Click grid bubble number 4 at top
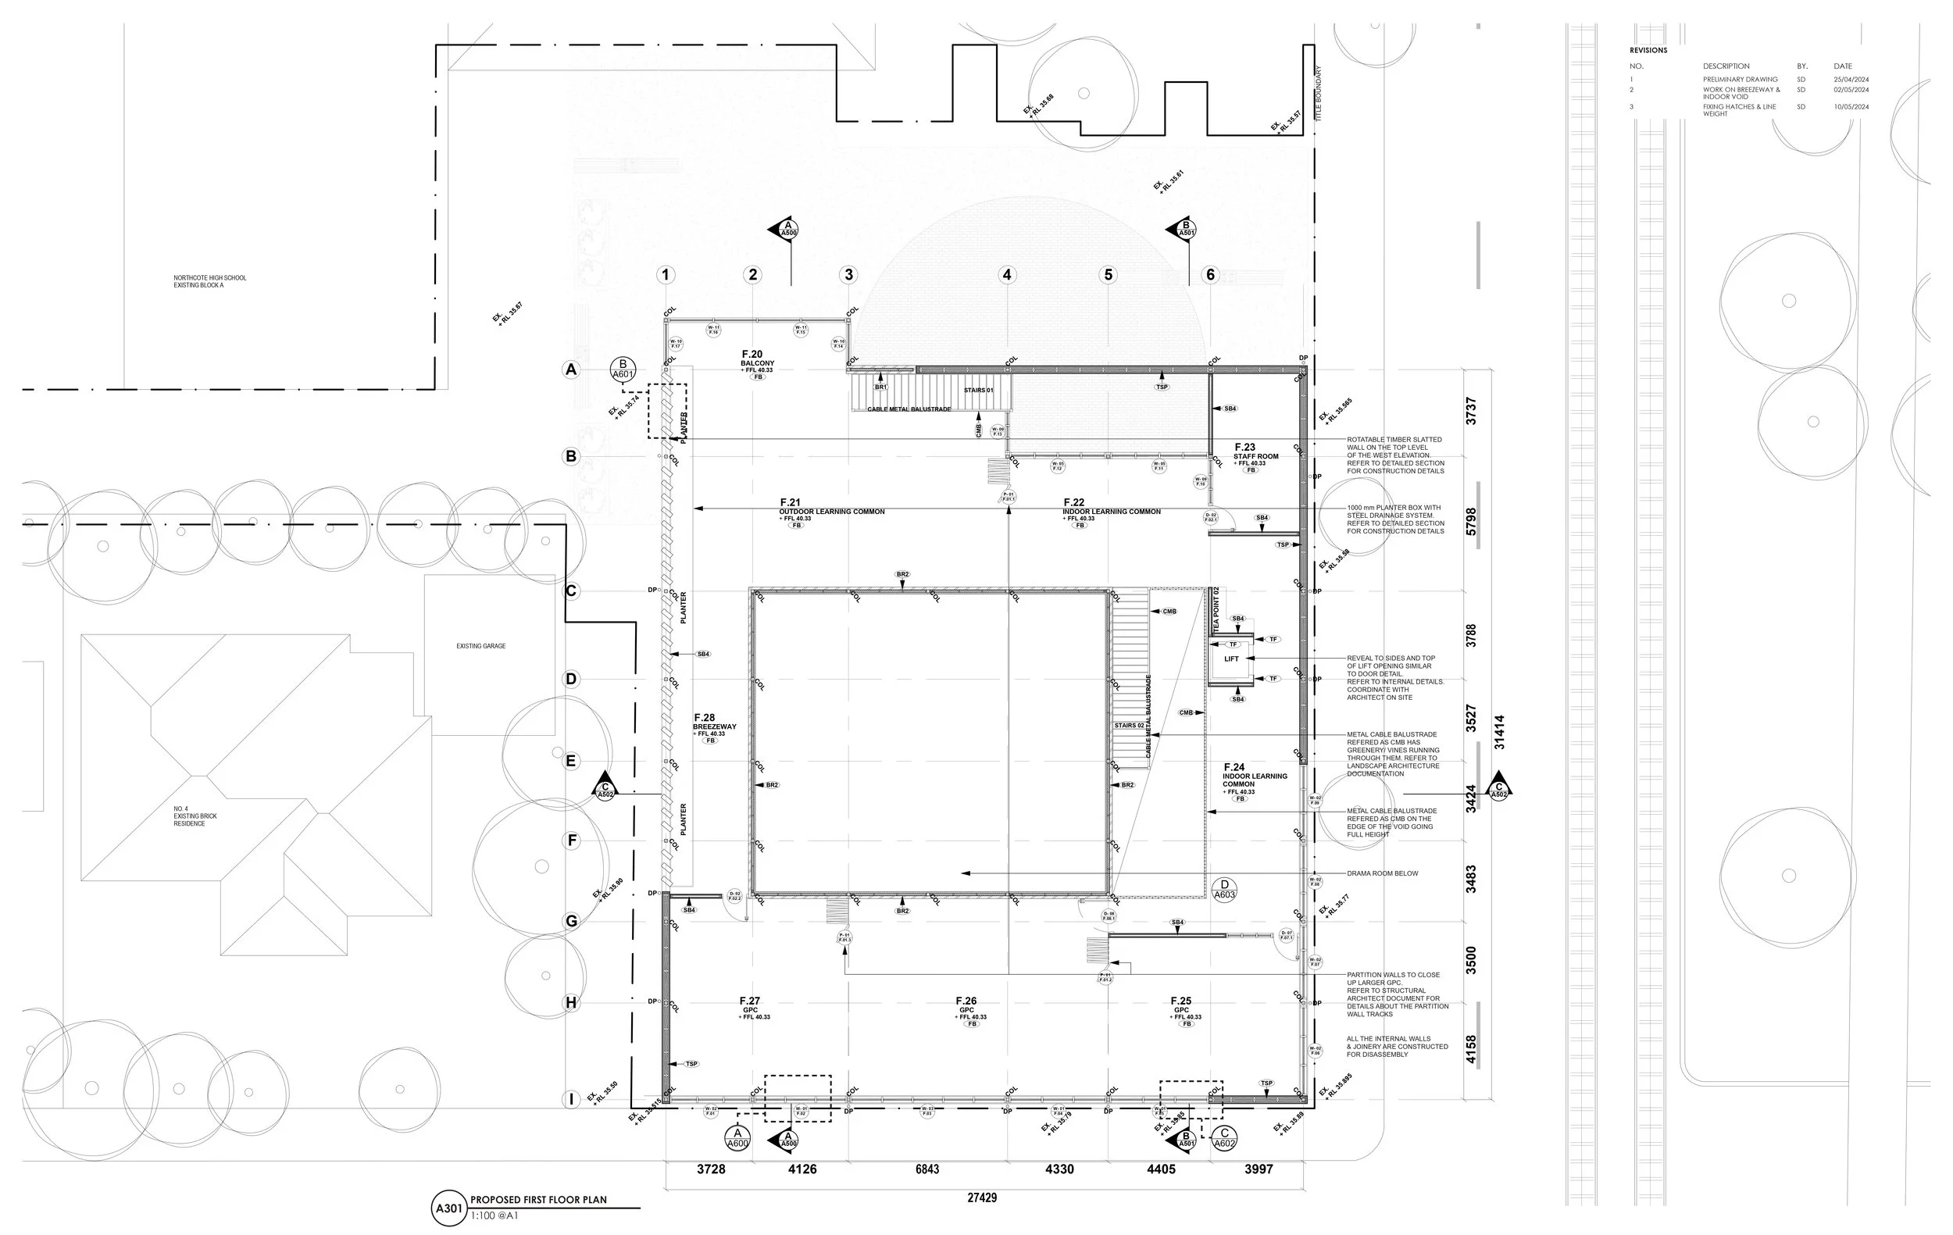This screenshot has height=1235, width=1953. click(x=1006, y=275)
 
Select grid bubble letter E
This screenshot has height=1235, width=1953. click(x=571, y=761)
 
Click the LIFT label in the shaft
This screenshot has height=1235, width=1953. click(x=1231, y=659)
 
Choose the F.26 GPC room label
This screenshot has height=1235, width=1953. click(x=966, y=1005)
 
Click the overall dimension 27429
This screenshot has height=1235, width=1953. click(x=981, y=1197)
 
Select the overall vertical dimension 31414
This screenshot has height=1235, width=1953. click(x=1499, y=731)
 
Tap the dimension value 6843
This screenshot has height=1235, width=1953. click(x=927, y=1169)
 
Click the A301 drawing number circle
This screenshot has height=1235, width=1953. click(x=449, y=1208)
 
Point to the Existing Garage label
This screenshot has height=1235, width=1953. click(x=480, y=646)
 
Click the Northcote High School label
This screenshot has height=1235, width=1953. click(x=209, y=281)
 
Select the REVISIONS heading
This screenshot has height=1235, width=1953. click(x=1648, y=50)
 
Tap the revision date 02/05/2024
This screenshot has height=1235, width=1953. click(x=1851, y=90)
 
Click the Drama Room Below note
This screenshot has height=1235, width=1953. click(x=1382, y=873)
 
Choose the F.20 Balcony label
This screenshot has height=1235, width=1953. click(x=757, y=359)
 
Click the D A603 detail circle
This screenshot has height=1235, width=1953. click(x=1224, y=889)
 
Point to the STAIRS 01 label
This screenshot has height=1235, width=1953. click(x=978, y=390)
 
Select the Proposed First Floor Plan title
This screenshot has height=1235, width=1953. click(x=538, y=1200)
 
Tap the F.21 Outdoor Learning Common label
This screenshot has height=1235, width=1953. click(x=831, y=508)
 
